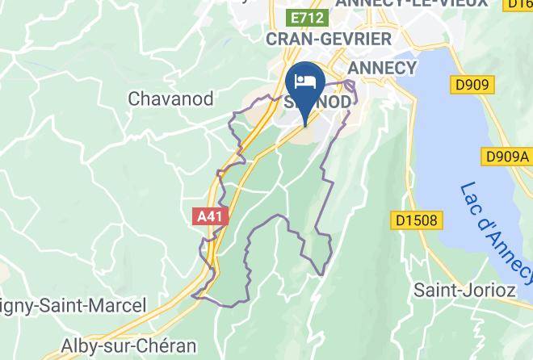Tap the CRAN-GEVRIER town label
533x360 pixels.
coord(329,39)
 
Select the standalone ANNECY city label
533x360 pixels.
coord(382,67)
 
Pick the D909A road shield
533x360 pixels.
coord(506,155)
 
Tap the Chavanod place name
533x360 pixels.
coord(170,98)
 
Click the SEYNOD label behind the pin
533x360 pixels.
coord(339,103)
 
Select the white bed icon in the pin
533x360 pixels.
coord(305,80)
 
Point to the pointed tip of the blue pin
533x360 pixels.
coord(305,125)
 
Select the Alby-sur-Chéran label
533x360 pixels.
coord(129,346)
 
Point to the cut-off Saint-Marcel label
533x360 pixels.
coord(73,306)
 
